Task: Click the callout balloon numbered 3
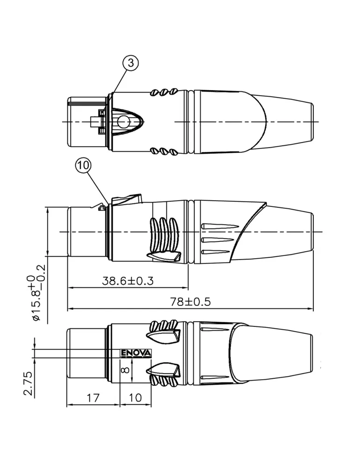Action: pos(130,64)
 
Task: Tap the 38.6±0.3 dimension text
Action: pos(128,281)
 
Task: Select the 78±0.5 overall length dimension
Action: pos(191,302)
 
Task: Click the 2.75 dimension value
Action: pos(28,383)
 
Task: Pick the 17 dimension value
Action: pos(93,397)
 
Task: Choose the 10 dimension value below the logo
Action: pos(135,397)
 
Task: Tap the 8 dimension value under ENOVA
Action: pos(126,370)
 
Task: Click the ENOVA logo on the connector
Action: pos(136,353)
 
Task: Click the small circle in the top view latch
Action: pos(123,121)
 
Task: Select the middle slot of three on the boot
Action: pos(217,240)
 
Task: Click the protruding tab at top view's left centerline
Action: pos(94,121)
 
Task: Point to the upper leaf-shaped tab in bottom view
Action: pos(163,335)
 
